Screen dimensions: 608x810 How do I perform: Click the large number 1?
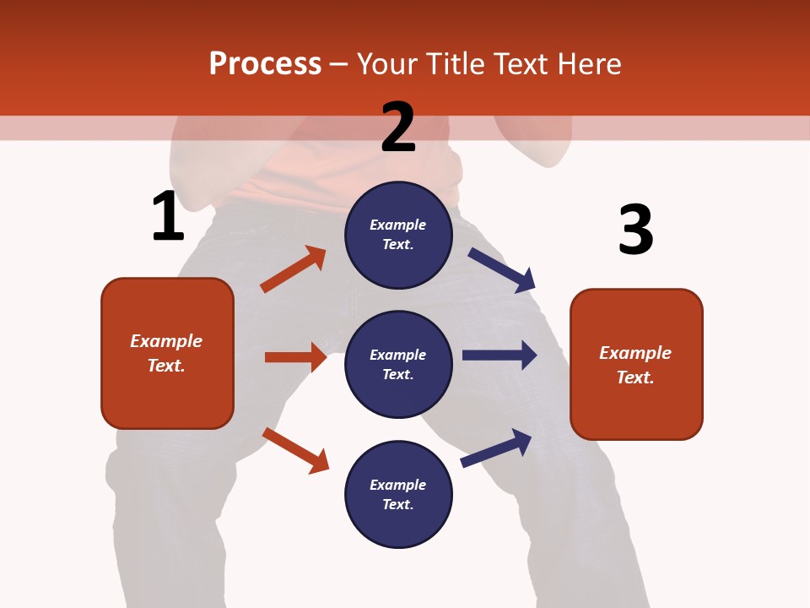coord(168,216)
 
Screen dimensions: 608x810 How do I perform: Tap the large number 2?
coord(398,128)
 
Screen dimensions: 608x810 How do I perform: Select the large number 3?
coord(635,231)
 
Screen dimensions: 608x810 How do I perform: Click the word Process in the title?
coord(265,63)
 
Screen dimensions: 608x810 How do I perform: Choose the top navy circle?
coord(398,235)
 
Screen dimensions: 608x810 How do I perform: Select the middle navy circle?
coord(398,364)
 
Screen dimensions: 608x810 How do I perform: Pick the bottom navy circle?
coord(398,494)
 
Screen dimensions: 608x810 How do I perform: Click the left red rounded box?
coord(167,353)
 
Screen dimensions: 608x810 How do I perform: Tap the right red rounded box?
coord(636,364)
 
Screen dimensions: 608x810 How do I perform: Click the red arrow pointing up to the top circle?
coord(294,269)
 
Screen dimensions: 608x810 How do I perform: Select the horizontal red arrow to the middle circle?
coord(296,357)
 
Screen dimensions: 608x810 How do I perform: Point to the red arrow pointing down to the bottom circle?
coord(296,450)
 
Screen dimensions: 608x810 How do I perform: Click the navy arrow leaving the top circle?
coord(502,269)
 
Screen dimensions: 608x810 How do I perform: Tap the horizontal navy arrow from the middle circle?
coord(499,355)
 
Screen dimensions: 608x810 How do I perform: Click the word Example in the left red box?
coord(166,341)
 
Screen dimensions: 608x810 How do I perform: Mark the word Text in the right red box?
coord(634,377)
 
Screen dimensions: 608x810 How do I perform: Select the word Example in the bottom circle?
coord(398,485)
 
